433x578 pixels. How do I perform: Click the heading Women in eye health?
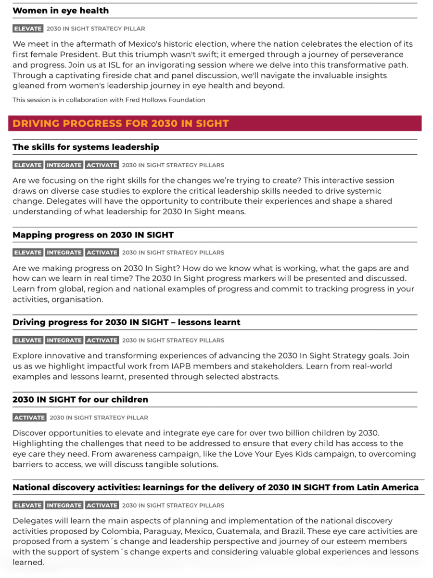coord(61,11)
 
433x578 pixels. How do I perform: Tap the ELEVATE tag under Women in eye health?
coord(28,29)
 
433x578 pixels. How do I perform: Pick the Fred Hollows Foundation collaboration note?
coord(109,100)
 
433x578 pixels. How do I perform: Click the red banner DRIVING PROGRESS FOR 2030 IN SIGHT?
coord(120,123)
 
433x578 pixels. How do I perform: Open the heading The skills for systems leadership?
coord(86,147)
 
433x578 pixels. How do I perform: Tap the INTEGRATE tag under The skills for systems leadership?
coord(64,165)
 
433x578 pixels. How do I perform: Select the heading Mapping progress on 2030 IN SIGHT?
coord(93,235)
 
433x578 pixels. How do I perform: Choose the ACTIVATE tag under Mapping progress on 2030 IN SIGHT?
coord(102,253)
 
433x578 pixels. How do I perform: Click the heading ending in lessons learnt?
coord(126,322)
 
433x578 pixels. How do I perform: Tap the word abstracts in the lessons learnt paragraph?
coord(259,377)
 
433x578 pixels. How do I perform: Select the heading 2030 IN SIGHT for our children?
coord(80,399)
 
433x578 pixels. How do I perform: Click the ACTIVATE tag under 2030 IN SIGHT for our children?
coord(29,418)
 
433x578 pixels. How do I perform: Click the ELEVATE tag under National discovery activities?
coord(28,505)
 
